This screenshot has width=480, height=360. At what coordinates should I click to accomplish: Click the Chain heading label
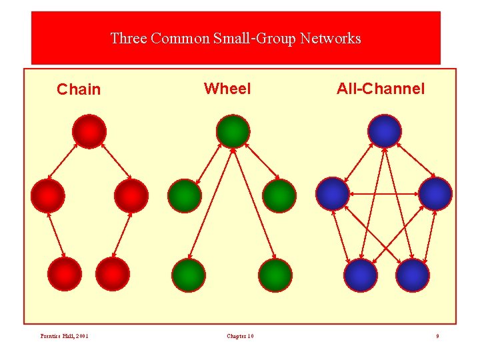pyautogui.click(x=79, y=89)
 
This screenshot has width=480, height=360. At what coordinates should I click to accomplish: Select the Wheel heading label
pyautogui.click(x=227, y=89)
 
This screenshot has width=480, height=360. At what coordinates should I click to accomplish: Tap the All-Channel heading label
pyautogui.click(x=380, y=89)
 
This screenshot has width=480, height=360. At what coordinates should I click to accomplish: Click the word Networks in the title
pyautogui.click(x=331, y=39)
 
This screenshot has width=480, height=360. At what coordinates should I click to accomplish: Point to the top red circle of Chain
pyautogui.click(x=89, y=131)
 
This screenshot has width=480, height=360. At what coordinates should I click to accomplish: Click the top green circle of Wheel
pyautogui.click(x=233, y=131)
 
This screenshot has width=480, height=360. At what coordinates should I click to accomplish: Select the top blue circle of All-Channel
pyautogui.click(x=385, y=131)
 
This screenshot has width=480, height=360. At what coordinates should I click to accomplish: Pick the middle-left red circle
pyautogui.click(x=48, y=195)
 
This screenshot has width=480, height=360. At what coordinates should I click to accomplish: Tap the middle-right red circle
pyautogui.click(x=131, y=195)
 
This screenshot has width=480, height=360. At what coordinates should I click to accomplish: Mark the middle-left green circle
pyautogui.click(x=184, y=195)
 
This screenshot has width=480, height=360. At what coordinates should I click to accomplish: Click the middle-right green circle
pyautogui.click(x=279, y=195)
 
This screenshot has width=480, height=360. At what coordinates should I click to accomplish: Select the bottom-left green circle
pyautogui.click(x=189, y=275)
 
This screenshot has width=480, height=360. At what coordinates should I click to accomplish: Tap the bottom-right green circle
pyautogui.click(x=275, y=275)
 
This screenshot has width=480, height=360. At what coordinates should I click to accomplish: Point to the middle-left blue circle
pyautogui.click(x=333, y=194)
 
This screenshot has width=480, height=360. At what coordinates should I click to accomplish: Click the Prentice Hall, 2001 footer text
pyautogui.click(x=65, y=336)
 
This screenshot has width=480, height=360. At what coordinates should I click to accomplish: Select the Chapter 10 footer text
pyautogui.click(x=240, y=336)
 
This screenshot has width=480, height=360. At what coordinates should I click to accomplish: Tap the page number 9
pyautogui.click(x=437, y=336)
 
